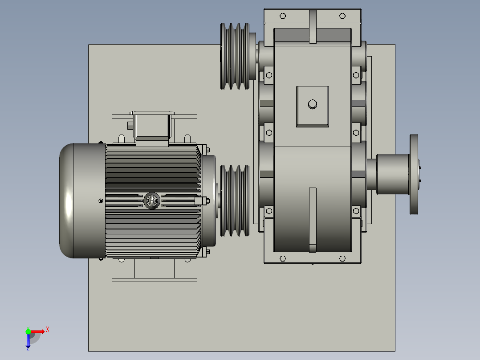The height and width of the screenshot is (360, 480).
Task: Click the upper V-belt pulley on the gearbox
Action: click(235, 56)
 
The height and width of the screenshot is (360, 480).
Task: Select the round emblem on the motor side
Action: click(152, 201)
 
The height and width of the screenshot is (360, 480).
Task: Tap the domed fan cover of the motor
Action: click(80, 200)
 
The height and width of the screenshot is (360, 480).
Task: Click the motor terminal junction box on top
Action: click(152, 127)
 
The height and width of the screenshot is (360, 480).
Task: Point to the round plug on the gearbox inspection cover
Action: click(313, 104)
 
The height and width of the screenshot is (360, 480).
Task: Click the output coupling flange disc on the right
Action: click(414, 174)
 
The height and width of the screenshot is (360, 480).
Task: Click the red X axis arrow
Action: click(39, 331)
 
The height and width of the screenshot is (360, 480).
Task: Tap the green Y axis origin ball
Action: click(28, 331)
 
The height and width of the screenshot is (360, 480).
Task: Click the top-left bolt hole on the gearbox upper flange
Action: click(282, 16)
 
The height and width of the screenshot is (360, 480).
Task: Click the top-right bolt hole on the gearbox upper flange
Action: click(342, 16)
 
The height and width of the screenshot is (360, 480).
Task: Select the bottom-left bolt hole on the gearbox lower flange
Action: click(282, 258)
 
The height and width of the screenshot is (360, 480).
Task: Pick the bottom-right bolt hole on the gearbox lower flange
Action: click(342, 258)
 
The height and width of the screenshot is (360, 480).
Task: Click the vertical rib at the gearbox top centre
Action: click(313, 27)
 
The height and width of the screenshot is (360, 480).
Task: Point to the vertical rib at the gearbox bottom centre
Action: click(313, 220)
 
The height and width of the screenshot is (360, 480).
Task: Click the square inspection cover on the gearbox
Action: click(313, 107)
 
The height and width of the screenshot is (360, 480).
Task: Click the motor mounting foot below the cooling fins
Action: click(154, 270)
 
